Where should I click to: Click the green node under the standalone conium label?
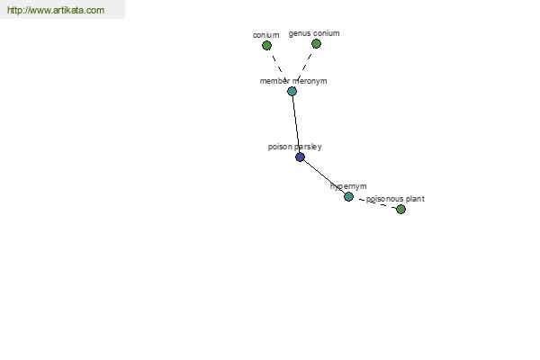point(266,46)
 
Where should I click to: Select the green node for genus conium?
point(316,44)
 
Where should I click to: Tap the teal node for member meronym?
point(292,91)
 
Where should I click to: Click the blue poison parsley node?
point(300,157)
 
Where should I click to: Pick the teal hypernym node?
point(348,197)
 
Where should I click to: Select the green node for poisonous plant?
point(400,209)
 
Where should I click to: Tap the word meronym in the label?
point(310,81)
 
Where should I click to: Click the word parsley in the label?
point(308,147)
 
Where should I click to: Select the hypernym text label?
point(348,186)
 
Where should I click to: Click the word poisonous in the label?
point(384,199)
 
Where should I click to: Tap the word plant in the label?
point(415,199)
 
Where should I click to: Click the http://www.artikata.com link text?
point(56,10)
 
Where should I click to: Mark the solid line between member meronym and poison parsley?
point(296,124)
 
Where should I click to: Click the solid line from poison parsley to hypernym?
point(324,176)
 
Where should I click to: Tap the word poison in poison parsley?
point(280,147)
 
